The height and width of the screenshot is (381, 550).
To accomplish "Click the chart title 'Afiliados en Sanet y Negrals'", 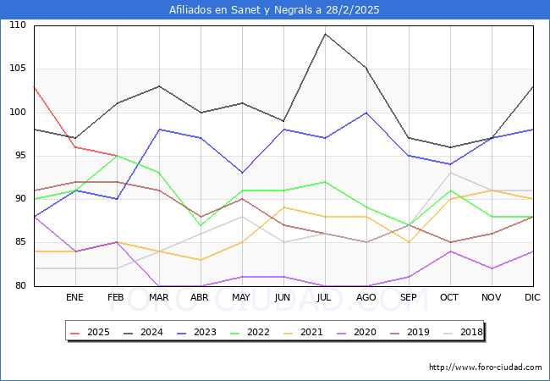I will tap(274, 10).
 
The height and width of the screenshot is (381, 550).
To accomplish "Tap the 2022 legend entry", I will tap(259, 332).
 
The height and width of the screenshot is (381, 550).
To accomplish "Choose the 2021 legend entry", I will tap(312, 332).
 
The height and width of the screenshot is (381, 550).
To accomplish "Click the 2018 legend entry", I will tap(470, 332).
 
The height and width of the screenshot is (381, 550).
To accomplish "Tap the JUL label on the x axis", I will tap(325, 298).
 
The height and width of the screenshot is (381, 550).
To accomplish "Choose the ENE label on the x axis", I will tap(75, 298).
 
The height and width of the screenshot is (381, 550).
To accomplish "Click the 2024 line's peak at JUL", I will tap(325, 34).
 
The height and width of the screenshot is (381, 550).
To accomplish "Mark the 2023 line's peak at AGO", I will tap(366, 113).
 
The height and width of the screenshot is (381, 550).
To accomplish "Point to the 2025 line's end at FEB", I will tap(117, 156).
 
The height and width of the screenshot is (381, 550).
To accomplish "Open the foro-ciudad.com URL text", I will tap(485, 367).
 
